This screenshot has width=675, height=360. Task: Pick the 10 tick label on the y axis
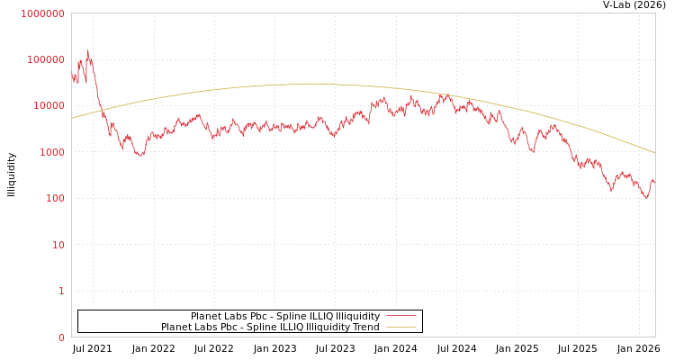tap(58, 245)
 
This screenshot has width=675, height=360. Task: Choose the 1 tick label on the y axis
tap(61, 291)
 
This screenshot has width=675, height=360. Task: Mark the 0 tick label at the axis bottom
tap(61, 337)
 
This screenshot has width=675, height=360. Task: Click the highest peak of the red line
tap(87, 51)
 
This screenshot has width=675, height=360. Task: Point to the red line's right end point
tap(654, 183)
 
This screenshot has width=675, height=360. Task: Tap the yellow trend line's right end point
tap(655, 153)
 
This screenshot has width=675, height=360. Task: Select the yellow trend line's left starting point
tap(72, 118)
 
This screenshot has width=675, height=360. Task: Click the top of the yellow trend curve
tap(310, 85)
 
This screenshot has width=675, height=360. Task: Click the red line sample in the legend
tap(400, 316)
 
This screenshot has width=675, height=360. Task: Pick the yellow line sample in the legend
tap(400, 327)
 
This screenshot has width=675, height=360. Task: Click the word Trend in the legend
tap(364, 327)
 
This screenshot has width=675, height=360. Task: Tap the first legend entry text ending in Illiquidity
tap(284, 316)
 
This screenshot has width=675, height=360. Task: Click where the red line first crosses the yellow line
tap(101, 109)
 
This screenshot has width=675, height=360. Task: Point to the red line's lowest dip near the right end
tap(645, 198)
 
